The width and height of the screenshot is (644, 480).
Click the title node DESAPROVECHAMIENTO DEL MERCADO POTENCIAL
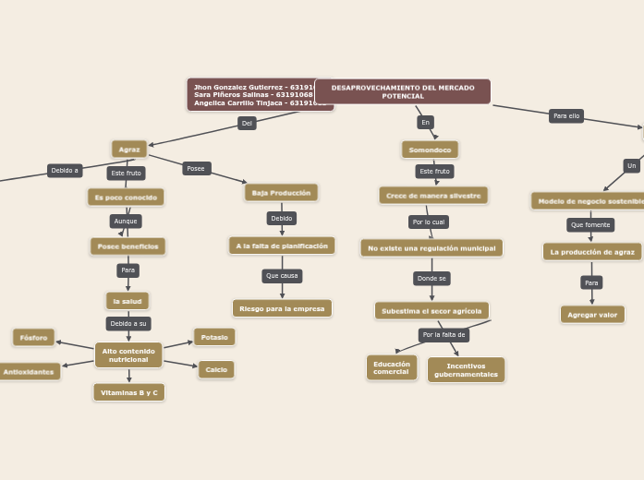403,91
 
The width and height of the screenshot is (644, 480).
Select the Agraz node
129,149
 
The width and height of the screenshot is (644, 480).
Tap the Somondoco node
430,150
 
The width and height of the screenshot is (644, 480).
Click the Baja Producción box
281,192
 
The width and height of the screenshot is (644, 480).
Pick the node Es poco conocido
126,197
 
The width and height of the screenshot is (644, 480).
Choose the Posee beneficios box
128,246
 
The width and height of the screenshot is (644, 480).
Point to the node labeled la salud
128,301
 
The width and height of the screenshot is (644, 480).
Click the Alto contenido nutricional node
128,354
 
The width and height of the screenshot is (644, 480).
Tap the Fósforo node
33,337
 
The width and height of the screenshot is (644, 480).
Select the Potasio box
214,337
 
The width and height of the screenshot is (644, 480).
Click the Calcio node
216,369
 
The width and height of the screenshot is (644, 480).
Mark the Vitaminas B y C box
128,392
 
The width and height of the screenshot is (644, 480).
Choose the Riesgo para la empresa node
282,308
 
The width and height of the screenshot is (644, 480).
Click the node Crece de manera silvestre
432,196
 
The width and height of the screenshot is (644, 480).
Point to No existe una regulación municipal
431,248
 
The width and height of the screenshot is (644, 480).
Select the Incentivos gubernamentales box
466,369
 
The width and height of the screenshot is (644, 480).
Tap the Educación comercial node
392,367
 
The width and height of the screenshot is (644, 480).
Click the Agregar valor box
592,315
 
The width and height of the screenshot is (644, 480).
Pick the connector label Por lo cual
429,222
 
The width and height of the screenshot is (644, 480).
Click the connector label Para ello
566,116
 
